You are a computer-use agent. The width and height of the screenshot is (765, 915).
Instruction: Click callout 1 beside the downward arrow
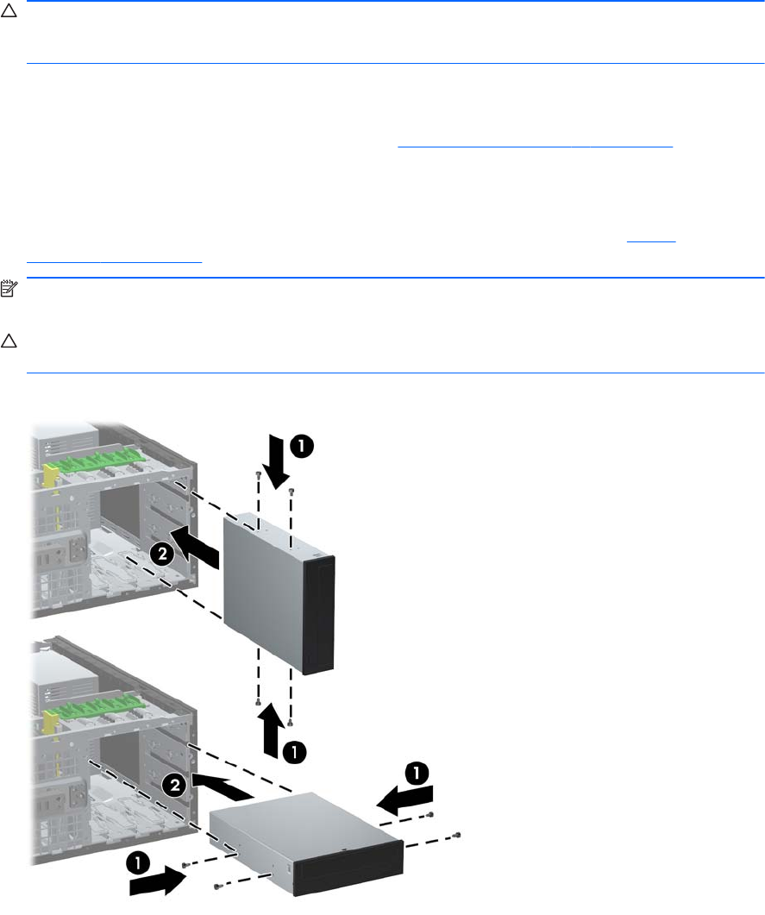click(x=302, y=447)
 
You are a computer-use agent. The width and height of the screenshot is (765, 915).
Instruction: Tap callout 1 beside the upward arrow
click(x=295, y=752)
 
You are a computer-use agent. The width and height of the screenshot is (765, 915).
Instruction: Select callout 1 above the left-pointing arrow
click(x=417, y=774)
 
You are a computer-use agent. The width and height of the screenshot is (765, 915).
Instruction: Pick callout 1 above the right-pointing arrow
click(x=138, y=863)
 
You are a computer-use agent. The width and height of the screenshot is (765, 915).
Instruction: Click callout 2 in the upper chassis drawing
click(x=163, y=553)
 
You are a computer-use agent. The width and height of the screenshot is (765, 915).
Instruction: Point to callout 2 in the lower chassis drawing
click(x=175, y=785)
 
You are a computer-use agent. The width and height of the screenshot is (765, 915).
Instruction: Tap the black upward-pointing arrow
click(x=272, y=730)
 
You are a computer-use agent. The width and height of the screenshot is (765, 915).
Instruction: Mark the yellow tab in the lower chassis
click(x=51, y=720)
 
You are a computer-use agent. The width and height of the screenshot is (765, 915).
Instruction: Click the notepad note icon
click(x=9, y=289)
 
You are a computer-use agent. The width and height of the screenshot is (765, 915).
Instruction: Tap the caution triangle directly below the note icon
click(x=9, y=341)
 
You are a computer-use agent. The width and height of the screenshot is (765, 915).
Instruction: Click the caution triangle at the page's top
click(x=9, y=10)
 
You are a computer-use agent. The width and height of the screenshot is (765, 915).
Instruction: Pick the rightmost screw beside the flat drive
click(x=457, y=835)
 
